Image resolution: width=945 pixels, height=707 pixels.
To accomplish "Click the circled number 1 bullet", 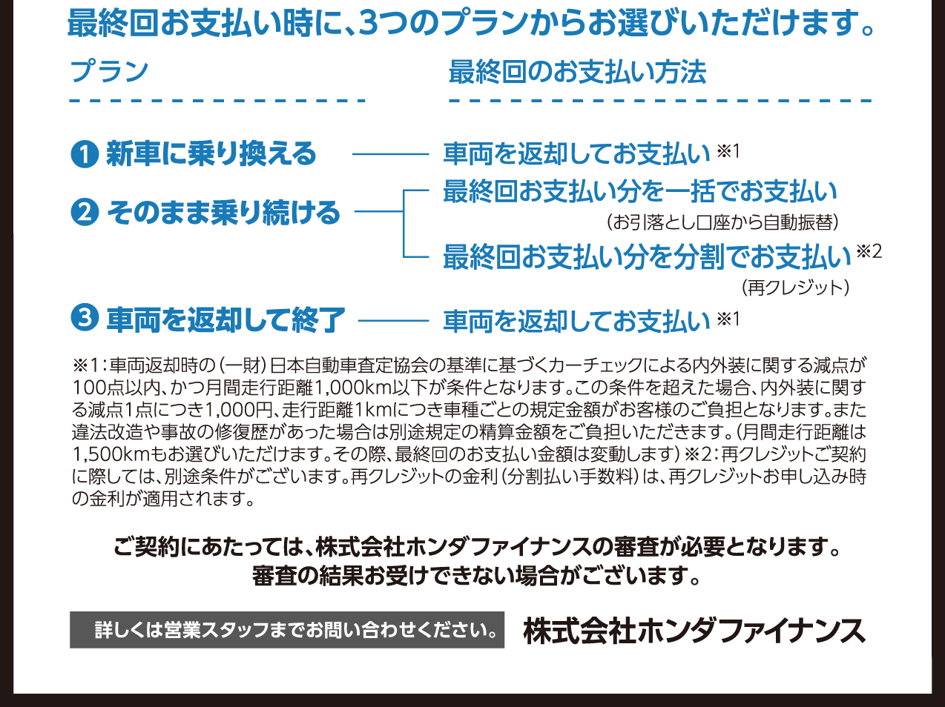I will click(85, 154).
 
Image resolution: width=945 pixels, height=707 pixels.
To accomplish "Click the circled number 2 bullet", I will click(85, 213).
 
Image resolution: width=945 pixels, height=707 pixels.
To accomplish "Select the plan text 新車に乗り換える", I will click(211, 154).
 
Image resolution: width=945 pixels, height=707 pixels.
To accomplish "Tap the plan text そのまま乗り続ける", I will click(223, 213).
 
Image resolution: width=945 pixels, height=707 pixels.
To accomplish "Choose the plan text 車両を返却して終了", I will click(225, 319).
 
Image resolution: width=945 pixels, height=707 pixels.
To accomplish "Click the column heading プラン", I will click(110, 72).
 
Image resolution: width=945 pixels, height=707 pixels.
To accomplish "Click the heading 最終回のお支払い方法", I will click(577, 72).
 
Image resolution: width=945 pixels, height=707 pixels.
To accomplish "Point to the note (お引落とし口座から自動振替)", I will click(722, 222).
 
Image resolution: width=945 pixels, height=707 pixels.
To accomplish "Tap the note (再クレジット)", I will click(795, 287).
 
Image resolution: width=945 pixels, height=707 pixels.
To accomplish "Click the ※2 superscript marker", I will click(869, 251).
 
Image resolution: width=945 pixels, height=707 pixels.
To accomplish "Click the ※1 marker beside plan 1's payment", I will click(728, 151).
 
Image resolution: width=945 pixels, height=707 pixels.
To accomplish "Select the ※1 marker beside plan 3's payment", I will click(728, 319).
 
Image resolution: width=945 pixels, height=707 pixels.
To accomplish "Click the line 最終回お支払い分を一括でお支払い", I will click(639, 192).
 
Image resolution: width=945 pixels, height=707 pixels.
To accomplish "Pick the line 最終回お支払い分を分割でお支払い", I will click(647, 256).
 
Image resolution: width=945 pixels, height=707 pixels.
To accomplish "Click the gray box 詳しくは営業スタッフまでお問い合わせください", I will click(287, 630).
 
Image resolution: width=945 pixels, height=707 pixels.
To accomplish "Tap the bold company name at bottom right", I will click(694, 631).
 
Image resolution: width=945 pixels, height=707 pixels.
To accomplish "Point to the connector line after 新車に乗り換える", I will click(391, 154).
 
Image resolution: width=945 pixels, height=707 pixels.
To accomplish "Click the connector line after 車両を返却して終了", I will click(394, 322).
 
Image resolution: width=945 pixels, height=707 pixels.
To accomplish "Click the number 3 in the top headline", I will click(368, 23).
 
